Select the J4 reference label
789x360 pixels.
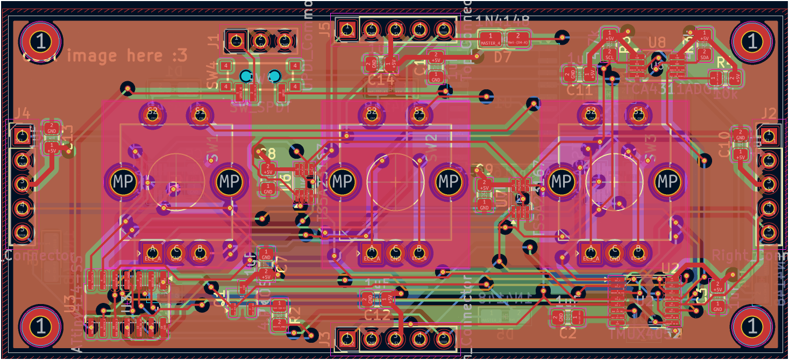point(22,113)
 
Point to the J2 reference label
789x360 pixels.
point(769,113)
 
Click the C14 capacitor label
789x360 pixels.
point(381,81)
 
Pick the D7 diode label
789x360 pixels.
point(503,57)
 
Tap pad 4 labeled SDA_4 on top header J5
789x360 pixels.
point(420,29)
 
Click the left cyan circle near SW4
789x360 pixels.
point(246,76)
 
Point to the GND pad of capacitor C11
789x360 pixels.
point(572,73)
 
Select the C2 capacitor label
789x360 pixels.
point(568,333)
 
